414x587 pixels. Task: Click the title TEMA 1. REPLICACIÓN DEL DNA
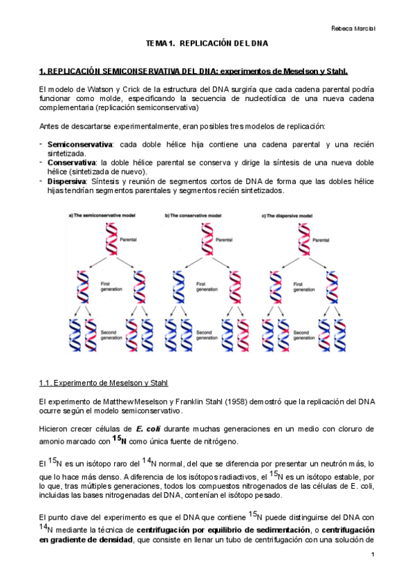point(207,44)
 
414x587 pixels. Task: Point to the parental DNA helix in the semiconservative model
point(110,240)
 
